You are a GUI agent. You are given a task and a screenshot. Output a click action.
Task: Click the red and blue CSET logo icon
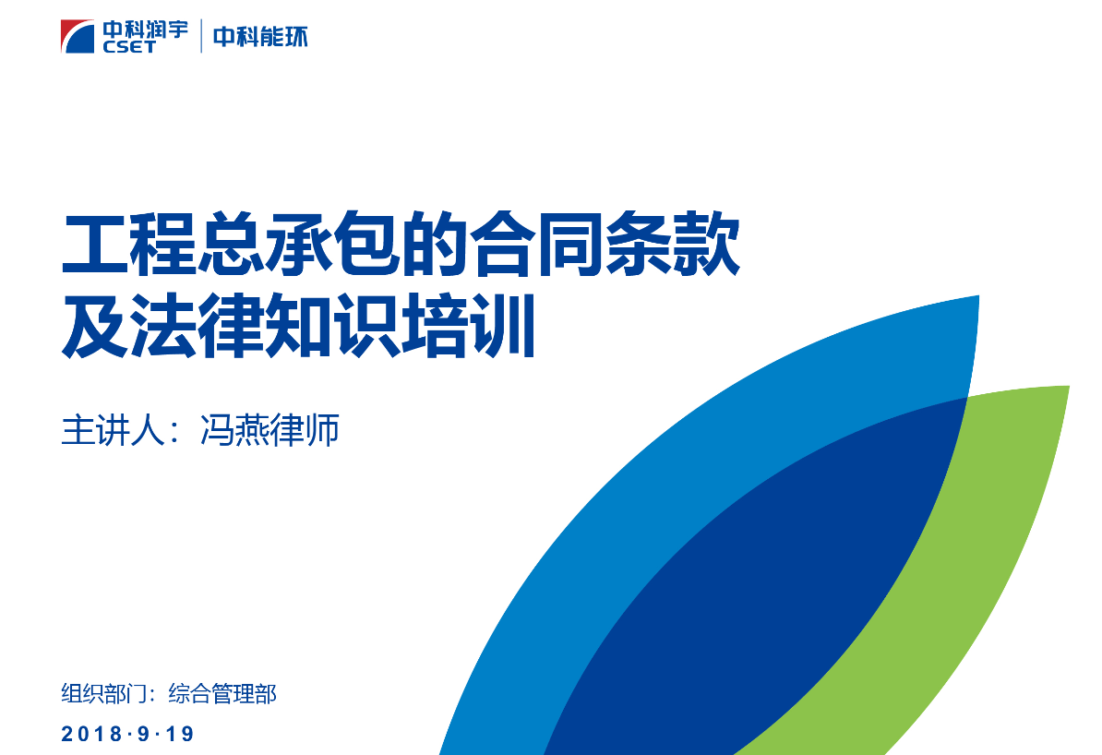(x=78, y=37)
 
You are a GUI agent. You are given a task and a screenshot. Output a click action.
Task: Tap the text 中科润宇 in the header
(x=146, y=30)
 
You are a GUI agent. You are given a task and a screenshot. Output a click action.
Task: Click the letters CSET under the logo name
(x=128, y=46)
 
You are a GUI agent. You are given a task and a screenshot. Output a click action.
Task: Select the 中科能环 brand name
(x=260, y=37)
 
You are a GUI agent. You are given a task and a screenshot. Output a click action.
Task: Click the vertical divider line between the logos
(x=201, y=36)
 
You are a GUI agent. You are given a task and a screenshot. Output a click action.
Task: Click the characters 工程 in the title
(x=129, y=245)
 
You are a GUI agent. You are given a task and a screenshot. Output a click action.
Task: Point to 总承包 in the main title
(x=299, y=245)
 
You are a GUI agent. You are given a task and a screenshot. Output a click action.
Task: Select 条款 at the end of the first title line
(x=672, y=245)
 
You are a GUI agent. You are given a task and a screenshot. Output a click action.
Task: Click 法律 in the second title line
(x=198, y=326)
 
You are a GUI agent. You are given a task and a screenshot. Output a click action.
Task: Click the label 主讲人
(x=114, y=430)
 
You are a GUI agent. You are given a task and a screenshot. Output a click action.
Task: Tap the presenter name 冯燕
(x=234, y=430)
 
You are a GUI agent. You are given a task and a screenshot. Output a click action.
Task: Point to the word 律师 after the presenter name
(x=305, y=430)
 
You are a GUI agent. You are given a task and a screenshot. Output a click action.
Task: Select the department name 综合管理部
(x=222, y=694)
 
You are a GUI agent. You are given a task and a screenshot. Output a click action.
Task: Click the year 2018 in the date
(x=91, y=734)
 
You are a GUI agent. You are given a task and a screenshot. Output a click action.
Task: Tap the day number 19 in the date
(x=179, y=734)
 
